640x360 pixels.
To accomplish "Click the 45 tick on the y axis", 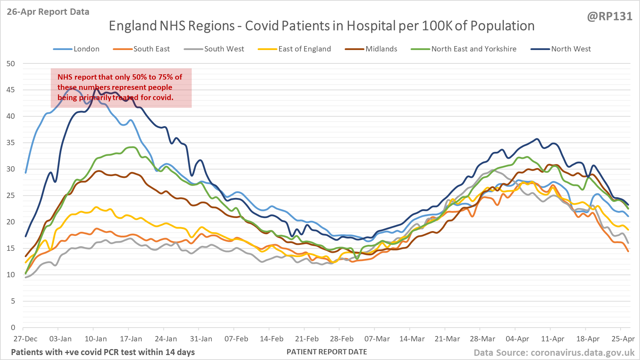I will pyautogui.click(x=11, y=90).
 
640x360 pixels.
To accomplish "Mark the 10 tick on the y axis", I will pyautogui.click(x=11, y=275).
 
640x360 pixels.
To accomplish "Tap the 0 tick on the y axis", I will pyautogui.click(x=13, y=328).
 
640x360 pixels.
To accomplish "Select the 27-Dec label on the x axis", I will pyautogui.click(x=25, y=339).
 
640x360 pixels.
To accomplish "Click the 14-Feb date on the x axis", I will pyautogui.click(x=271, y=339).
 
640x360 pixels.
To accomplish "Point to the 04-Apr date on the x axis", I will pyautogui.click(x=517, y=339).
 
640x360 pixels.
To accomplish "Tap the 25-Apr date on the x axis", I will pyautogui.click(x=623, y=339).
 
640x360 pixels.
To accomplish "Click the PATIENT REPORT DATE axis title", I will pyautogui.click(x=327, y=352).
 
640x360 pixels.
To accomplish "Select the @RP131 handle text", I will pyautogui.click(x=610, y=17).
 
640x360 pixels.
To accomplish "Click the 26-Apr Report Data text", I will pyautogui.click(x=48, y=12).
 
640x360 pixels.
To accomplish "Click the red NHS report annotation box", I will pyautogui.click(x=121, y=88).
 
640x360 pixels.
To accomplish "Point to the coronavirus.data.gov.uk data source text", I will pyautogui.click(x=582, y=353).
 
